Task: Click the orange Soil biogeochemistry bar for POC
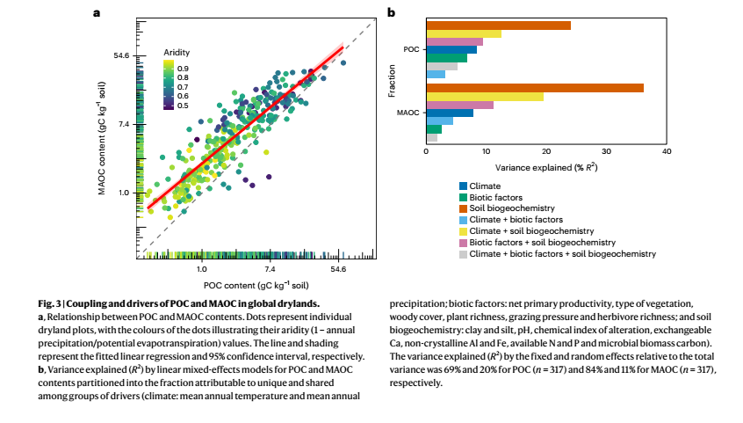coord(498,25)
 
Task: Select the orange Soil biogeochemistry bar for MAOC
coord(535,87)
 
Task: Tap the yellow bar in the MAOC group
coord(485,97)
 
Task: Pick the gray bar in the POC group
coord(442,66)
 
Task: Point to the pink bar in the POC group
coord(454,41)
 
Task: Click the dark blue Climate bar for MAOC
coord(450,113)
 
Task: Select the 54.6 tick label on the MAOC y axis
coord(121,55)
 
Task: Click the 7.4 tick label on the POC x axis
coord(270,268)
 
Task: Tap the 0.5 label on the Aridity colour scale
coord(184,105)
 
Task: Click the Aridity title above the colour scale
coord(177,53)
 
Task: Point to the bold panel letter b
coord(391,13)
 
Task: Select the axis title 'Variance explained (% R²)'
coord(546,165)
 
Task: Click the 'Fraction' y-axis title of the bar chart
coord(393,80)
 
